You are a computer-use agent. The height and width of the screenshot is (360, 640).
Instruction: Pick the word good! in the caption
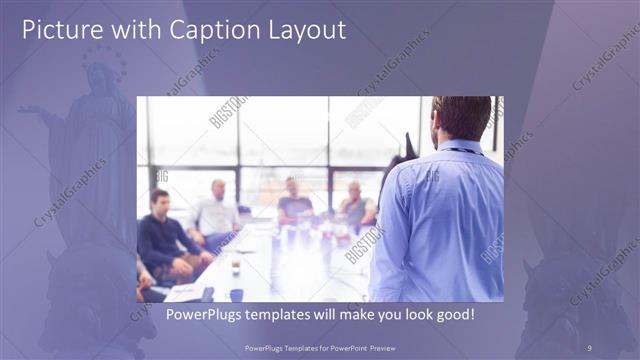[x=452, y=313]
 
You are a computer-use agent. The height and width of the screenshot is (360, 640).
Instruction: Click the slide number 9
[x=589, y=346]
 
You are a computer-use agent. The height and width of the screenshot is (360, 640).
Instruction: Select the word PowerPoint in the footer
[x=346, y=346]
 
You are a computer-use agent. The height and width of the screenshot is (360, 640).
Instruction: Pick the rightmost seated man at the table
[x=354, y=204]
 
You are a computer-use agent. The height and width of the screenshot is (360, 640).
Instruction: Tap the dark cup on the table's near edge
[x=236, y=294]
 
